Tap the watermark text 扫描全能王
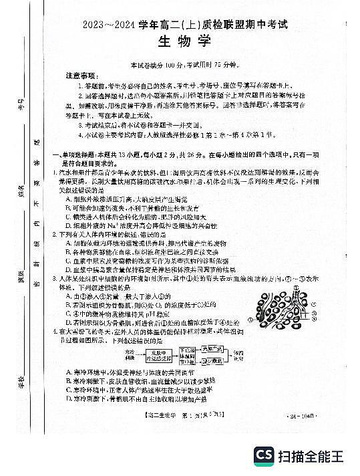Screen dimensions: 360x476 pyautogui.click(x=314, y=457)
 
